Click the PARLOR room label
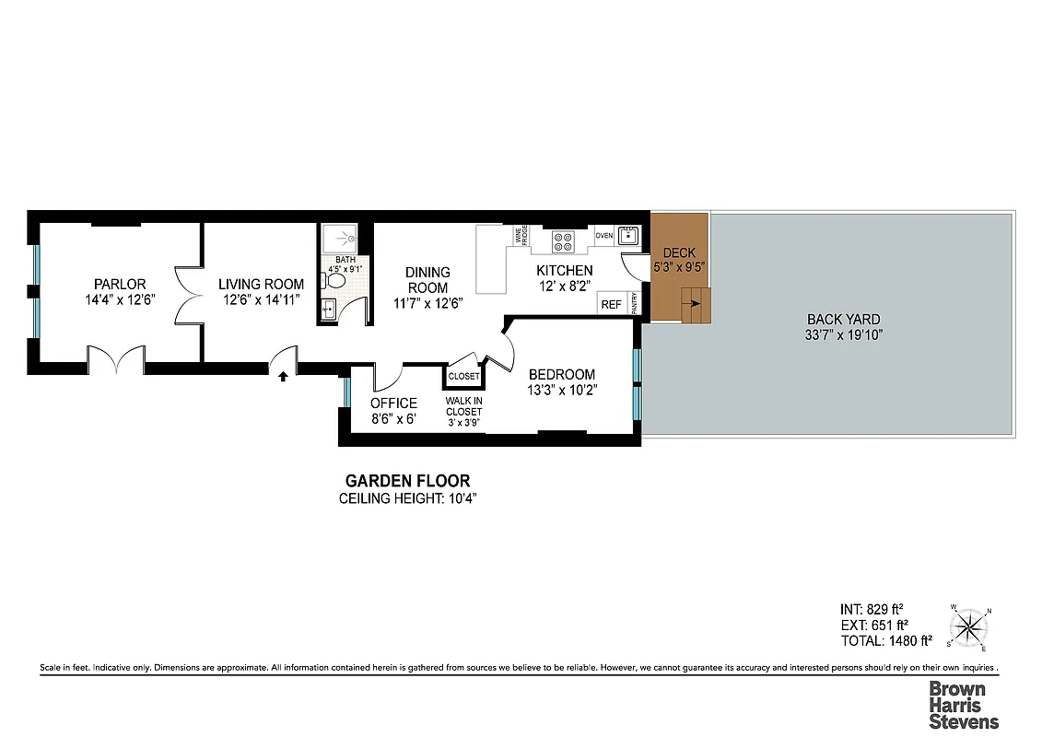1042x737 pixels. click(120, 284)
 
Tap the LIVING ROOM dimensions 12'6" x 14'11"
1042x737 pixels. click(261, 299)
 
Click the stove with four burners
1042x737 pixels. click(562, 241)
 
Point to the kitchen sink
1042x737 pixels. click(628, 236)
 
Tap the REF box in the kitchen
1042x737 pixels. click(611, 304)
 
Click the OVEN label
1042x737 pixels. click(603, 236)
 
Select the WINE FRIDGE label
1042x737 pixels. click(522, 235)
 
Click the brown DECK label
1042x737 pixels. click(679, 253)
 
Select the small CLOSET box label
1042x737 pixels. click(463, 376)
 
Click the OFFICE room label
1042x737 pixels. click(393, 403)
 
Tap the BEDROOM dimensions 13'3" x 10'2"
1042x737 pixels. click(562, 390)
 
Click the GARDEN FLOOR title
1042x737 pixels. click(407, 481)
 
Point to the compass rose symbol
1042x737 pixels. click(970, 629)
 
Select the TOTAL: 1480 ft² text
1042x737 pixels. click(885, 640)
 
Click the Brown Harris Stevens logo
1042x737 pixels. click(963, 705)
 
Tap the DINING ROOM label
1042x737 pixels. click(428, 279)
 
